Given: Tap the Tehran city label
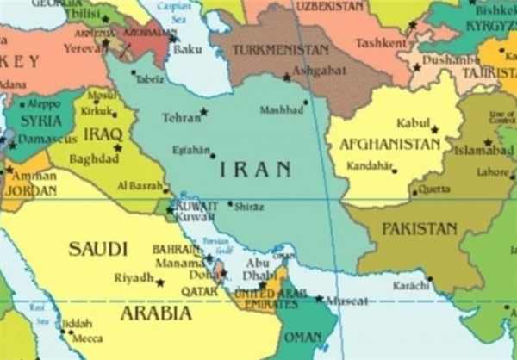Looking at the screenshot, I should tap(181, 117).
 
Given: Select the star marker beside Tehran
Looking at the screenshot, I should tap(204, 111).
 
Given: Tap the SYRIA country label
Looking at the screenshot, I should tap(40, 121).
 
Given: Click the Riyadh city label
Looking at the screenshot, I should tap(133, 279).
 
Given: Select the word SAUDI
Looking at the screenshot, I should tap(97, 249).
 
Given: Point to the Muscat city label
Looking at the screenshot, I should tap(346, 301).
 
